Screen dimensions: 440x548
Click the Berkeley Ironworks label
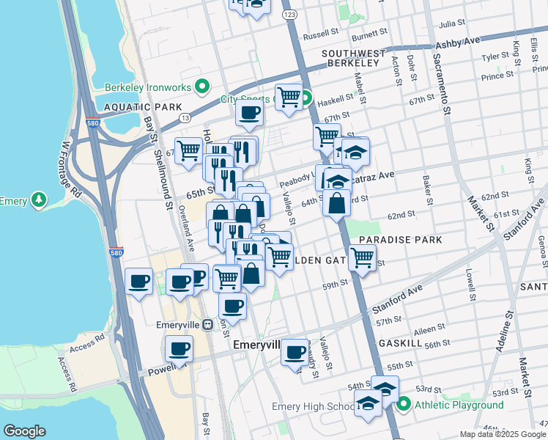[x=147, y=87]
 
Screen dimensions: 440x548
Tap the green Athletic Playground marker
[x=404, y=405]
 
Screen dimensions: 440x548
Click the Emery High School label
[x=313, y=406]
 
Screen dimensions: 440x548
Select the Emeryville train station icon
[x=208, y=324]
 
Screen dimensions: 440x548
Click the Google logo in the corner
[x=24, y=431]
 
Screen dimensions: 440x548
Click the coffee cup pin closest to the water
[x=138, y=282]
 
